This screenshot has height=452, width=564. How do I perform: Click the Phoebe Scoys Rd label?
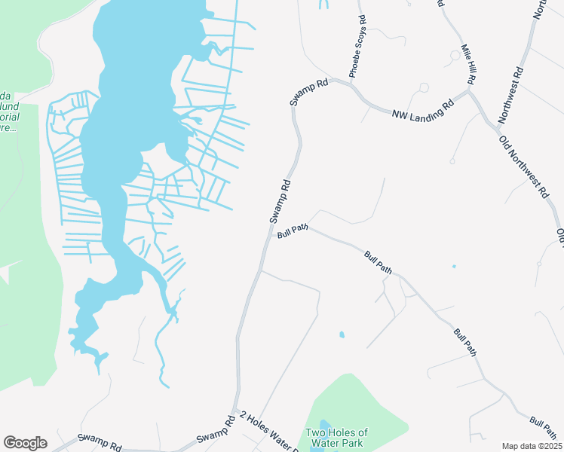coord(357,47)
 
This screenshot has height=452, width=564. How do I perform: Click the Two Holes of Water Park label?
coord(336,438)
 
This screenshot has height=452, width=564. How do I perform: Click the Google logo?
coord(25,443)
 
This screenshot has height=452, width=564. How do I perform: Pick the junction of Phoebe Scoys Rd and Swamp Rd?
coord(351,84)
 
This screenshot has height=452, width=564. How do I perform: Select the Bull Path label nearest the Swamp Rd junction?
coord(293,234)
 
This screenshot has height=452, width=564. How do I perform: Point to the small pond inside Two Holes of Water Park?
coord(324,428)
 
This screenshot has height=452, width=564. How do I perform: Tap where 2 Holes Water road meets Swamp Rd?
coord(236,413)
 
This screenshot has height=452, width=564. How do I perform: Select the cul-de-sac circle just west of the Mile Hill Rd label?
coord(455,55)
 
